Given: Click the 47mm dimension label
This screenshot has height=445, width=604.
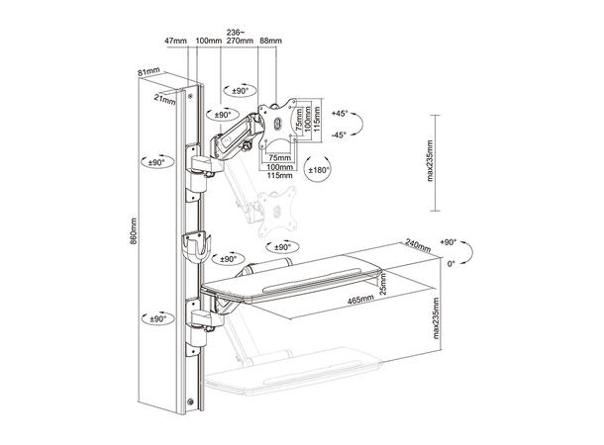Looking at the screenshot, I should tap(175, 41).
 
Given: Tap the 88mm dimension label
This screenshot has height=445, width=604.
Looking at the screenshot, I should tap(269, 41).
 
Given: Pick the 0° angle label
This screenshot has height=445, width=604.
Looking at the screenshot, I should tap(451, 264).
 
